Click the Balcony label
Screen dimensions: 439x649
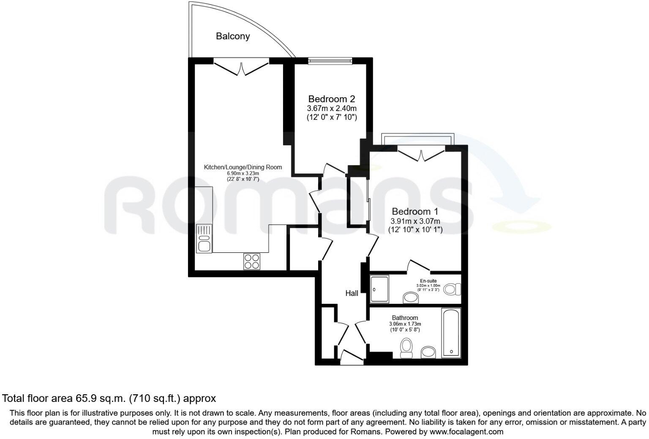[233, 36]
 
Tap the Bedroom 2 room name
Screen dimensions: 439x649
[331, 99]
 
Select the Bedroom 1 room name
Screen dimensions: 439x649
[415, 211]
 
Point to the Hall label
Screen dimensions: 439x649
[352, 293]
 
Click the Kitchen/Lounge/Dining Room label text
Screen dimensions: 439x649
[243, 167]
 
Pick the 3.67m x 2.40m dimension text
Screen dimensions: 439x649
[332, 108]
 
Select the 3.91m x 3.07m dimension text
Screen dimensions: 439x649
[415, 221]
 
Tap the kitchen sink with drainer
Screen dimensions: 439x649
[204, 239]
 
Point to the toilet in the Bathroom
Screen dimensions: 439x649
[406, 348]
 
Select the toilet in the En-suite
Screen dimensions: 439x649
[452, 289]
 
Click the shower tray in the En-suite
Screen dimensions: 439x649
[379, 289]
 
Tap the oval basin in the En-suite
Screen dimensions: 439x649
[410, 298]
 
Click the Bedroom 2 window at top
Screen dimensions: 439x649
[330, 61]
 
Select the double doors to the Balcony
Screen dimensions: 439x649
[241, 68]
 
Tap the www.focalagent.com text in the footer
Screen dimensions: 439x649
[466, 432]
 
